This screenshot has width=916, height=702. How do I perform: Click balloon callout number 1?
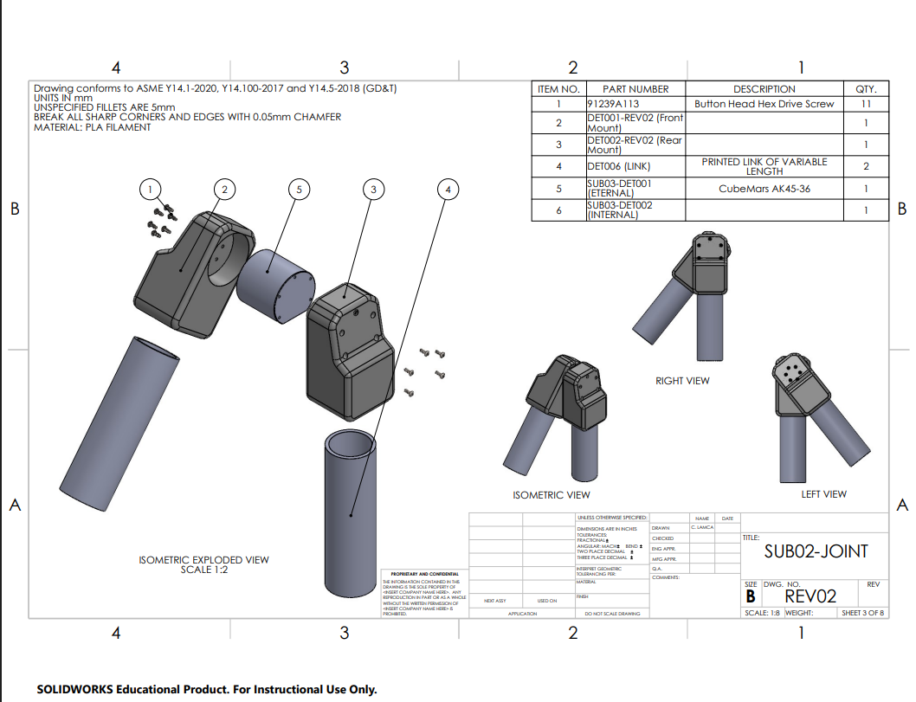tap(151, 189)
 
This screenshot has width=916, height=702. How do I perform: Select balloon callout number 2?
tap(224, 189)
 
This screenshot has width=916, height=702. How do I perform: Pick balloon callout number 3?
tap(372, 189)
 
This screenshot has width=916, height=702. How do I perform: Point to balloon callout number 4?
tap(447, 189)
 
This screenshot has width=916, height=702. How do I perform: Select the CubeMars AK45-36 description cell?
tap(764, 189)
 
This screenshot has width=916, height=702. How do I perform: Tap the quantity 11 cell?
tap(866, 104)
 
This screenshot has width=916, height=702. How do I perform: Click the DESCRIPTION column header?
tap(764, 89)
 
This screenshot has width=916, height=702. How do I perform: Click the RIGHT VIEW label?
tap(682, 381)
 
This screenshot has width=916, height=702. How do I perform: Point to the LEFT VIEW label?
tap(823, 494)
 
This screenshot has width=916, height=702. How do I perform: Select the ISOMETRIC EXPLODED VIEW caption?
tap(204, 560)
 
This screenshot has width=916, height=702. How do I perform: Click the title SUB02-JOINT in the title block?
tap(816, 551)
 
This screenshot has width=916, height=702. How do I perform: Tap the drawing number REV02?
tap(810, 596)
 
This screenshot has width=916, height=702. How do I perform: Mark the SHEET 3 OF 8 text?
tap(863, 613)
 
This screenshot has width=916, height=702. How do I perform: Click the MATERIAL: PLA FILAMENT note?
tap(92, 127)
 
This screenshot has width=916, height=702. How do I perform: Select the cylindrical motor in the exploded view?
tap(274, 283)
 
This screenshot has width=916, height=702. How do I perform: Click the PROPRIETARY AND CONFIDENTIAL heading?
tap(424, 574)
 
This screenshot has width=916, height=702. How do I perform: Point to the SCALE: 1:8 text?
tap(762, 613)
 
